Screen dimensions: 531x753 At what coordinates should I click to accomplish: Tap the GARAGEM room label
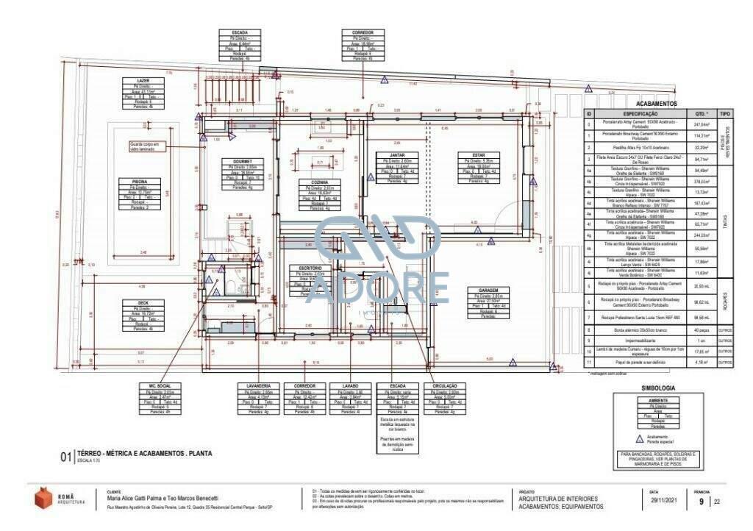(x=477, y=290)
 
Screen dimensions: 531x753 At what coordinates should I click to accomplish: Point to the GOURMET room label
(x=243, y=161)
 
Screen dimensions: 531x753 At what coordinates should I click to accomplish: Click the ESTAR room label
(x=470, y=155)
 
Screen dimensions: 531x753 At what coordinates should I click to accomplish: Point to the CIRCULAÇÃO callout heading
(x=444, y=385)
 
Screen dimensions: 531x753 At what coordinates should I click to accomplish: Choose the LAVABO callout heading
(x=351, y=385)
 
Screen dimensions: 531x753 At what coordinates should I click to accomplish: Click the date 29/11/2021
(x=662, y=502)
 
